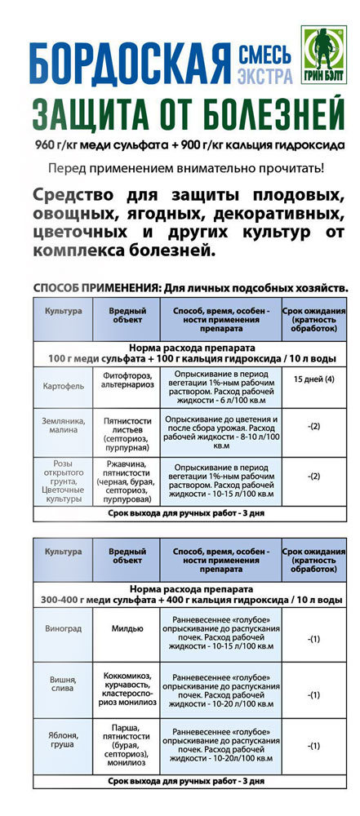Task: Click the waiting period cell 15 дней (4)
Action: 313,379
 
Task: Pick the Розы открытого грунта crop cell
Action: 63,480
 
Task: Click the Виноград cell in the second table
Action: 63,629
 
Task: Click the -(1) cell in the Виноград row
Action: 313,639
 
